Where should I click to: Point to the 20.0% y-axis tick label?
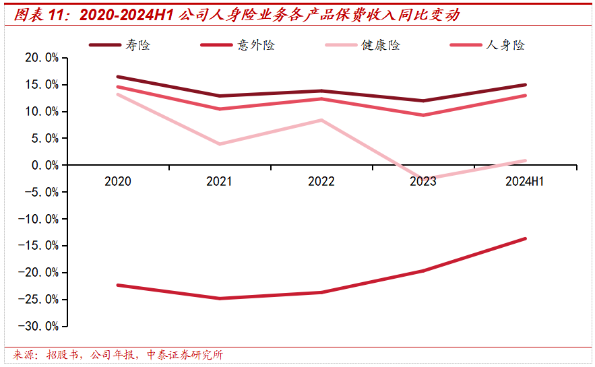point(42,58)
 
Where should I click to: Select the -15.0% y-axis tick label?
point(39,246)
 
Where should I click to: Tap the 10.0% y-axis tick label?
point(42,112)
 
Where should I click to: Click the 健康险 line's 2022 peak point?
point(321,120)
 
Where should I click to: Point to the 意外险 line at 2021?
point(220,298)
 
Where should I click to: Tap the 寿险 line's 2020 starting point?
point(118,77)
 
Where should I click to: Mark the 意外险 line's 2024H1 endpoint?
point(525,238)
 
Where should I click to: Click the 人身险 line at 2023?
point(423,115)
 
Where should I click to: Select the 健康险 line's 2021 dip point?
point(220,144)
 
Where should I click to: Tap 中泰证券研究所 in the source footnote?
point(185,355)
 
